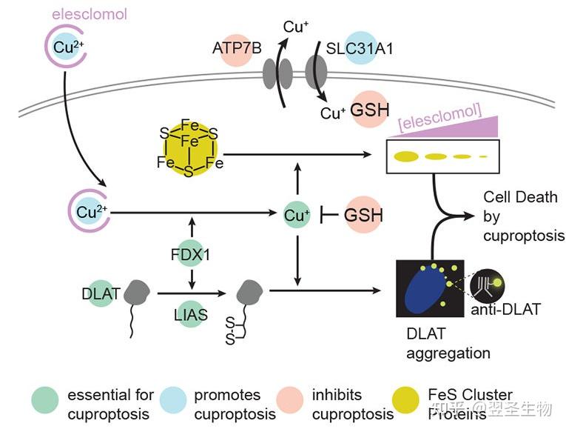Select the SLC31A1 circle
pyautogui.click(x=365, y=49)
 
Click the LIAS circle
pyautogui.click(x=192, y=314)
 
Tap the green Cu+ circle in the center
pyautogui.click(x=296, y=215)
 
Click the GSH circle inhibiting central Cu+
pyautogui.click(x=364, y=216)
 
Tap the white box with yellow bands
pyautogui.click(x=442, y=156)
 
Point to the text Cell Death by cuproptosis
pyautogui.click(x=523, y=216)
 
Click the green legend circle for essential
pyautogui.click(x=44, y=401)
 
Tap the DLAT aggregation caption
pyautogui.click(x=448, y=344)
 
